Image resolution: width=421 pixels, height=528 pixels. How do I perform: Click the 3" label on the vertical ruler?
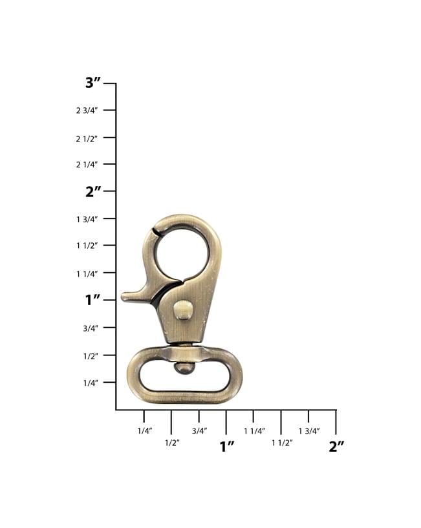(x=93, y=83)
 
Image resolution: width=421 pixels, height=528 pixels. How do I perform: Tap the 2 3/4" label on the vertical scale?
(x=87, y=111)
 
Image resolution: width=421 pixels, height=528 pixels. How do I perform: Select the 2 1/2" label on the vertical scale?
(x=87, y=139)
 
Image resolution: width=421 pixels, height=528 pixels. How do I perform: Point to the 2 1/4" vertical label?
(x=87, y=165)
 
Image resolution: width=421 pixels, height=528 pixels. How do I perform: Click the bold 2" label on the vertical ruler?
(x=93, y=192)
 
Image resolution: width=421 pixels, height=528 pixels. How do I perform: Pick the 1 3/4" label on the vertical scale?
(x=87, y=220)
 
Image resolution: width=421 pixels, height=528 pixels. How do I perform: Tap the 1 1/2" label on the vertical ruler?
(x=87, y=246)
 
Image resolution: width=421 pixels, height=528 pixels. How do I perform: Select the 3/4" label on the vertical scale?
(x=91, y=328)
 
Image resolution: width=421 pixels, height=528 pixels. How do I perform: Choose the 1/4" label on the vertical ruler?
(x=91, y=383)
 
